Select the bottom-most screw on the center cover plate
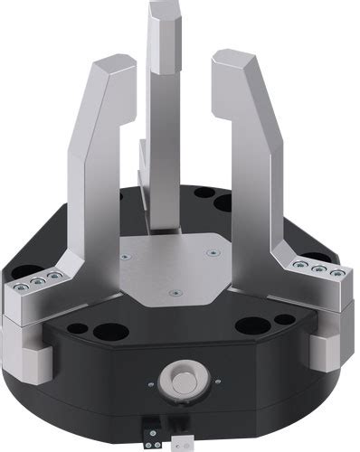click(x=173, y=293)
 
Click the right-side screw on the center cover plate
click(x=213, y=254)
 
